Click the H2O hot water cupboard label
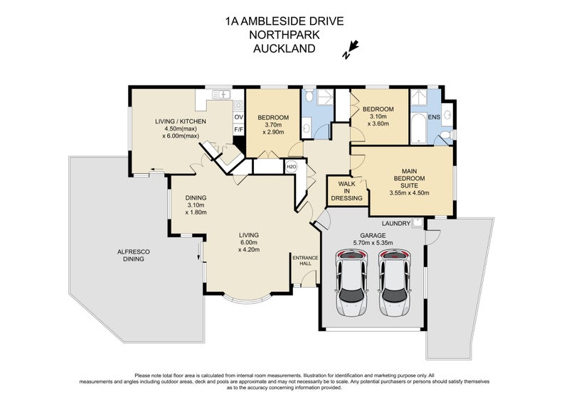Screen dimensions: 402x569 291,168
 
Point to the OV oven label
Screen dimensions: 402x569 238,116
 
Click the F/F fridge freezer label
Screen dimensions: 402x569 238,130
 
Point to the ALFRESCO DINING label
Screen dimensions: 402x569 133,256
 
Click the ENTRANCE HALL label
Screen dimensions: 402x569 304,261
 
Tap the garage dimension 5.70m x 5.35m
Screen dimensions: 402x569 372,242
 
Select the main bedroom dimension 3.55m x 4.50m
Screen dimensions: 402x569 410,192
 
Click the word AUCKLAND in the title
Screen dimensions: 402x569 284,48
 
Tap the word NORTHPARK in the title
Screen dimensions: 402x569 284,35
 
